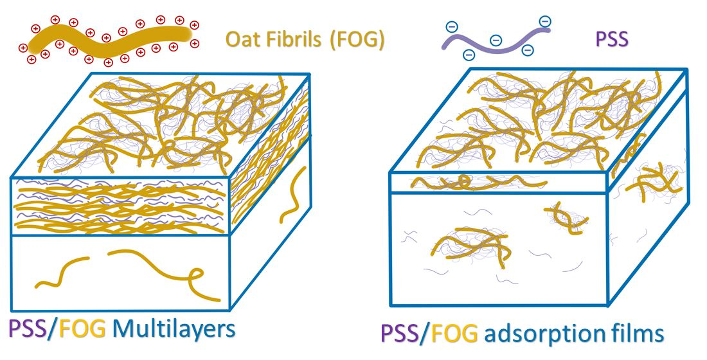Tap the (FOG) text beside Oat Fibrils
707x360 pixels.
357,40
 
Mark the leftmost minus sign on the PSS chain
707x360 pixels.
452,27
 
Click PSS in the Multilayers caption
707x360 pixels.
26,329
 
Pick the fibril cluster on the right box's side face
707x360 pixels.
654,181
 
